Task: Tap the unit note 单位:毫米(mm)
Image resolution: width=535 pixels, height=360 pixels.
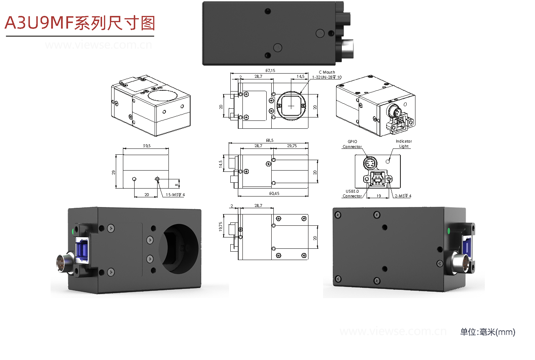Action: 487,332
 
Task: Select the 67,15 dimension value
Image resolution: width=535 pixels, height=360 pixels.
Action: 270,71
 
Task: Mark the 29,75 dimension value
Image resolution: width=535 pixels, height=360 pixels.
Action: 292,146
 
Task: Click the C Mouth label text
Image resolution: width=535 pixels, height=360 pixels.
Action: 326,72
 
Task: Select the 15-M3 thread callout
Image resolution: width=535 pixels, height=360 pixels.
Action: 176,195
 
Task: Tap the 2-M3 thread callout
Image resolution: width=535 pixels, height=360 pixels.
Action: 403,196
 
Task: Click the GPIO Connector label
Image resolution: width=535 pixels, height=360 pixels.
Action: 352,144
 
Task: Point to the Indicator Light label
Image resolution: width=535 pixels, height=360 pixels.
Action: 403,144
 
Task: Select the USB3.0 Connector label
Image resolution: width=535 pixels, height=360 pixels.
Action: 352,193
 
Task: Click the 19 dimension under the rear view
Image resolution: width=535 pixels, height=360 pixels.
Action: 378,195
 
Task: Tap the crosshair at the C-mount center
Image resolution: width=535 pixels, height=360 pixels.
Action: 291,106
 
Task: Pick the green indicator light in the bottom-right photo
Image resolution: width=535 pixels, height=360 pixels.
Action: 449,231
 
